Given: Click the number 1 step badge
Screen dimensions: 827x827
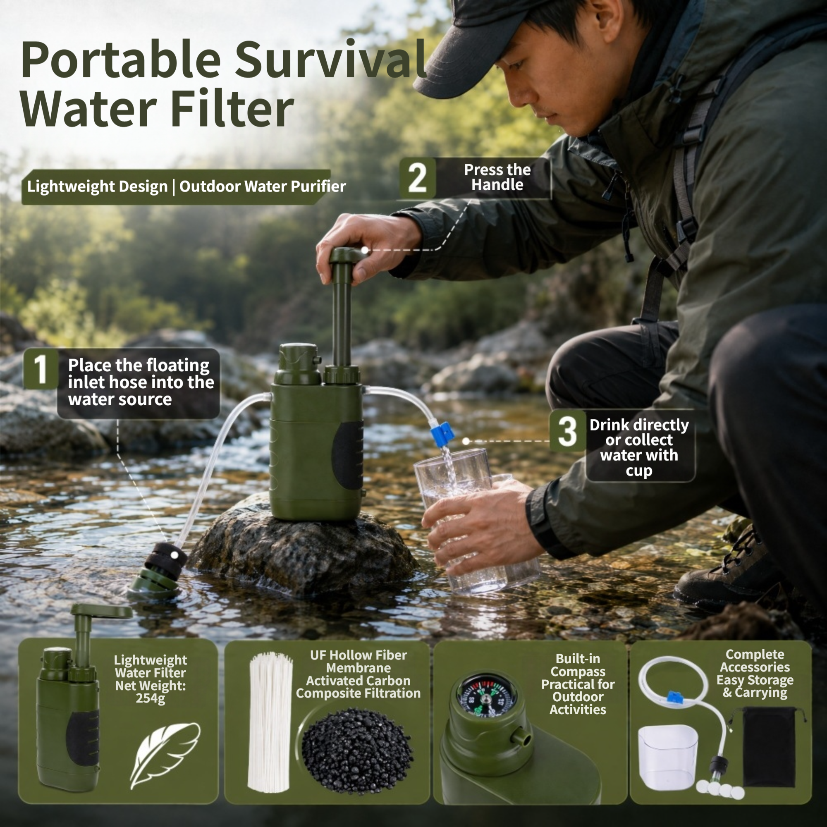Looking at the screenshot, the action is click(x=41, y=368).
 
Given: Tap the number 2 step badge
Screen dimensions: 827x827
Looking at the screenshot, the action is click(x=417, y=178).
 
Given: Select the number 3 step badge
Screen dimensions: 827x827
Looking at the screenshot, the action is click(x=568, y=430).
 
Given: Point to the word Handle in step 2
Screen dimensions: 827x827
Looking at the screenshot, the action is click(x=497, y=185).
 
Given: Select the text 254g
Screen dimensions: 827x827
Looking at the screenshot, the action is click(x=150, y=698).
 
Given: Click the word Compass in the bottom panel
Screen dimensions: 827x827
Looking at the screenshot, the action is click(x=578, y=671).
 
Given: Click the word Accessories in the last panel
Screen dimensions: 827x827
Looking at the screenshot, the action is click(x=755, y=667).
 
